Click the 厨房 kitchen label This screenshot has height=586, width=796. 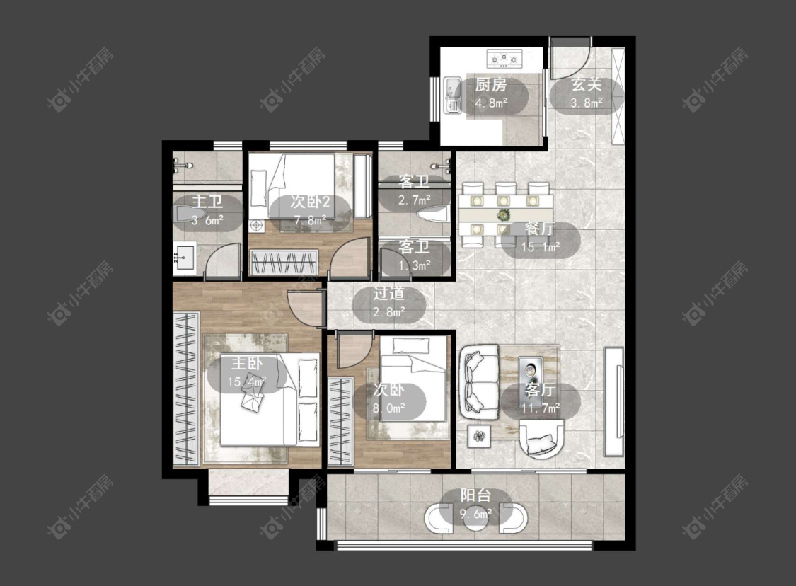pos(491,84)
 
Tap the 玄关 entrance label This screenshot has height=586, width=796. pos(587,84)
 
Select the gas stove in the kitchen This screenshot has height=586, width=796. pos(504,59)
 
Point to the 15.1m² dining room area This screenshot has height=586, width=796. pos(541,247)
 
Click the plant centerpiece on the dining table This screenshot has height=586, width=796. pos(503,214)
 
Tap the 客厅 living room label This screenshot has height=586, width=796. pos(540,390)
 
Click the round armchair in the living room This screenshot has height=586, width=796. pos(542,438)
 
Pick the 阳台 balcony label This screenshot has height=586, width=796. pos(475,495)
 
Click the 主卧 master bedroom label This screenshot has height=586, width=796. pos(247,363)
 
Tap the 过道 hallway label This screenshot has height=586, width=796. pos(389,294)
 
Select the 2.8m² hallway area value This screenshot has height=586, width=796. pos(389,312)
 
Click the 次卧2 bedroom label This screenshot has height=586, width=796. pos(310,202)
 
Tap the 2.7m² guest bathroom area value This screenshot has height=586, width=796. pos(414,200)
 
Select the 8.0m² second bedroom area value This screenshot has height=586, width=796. pos(389,408)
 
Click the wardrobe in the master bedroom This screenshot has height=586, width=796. pos(186,389)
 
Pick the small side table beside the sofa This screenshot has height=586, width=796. pos(479,436)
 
